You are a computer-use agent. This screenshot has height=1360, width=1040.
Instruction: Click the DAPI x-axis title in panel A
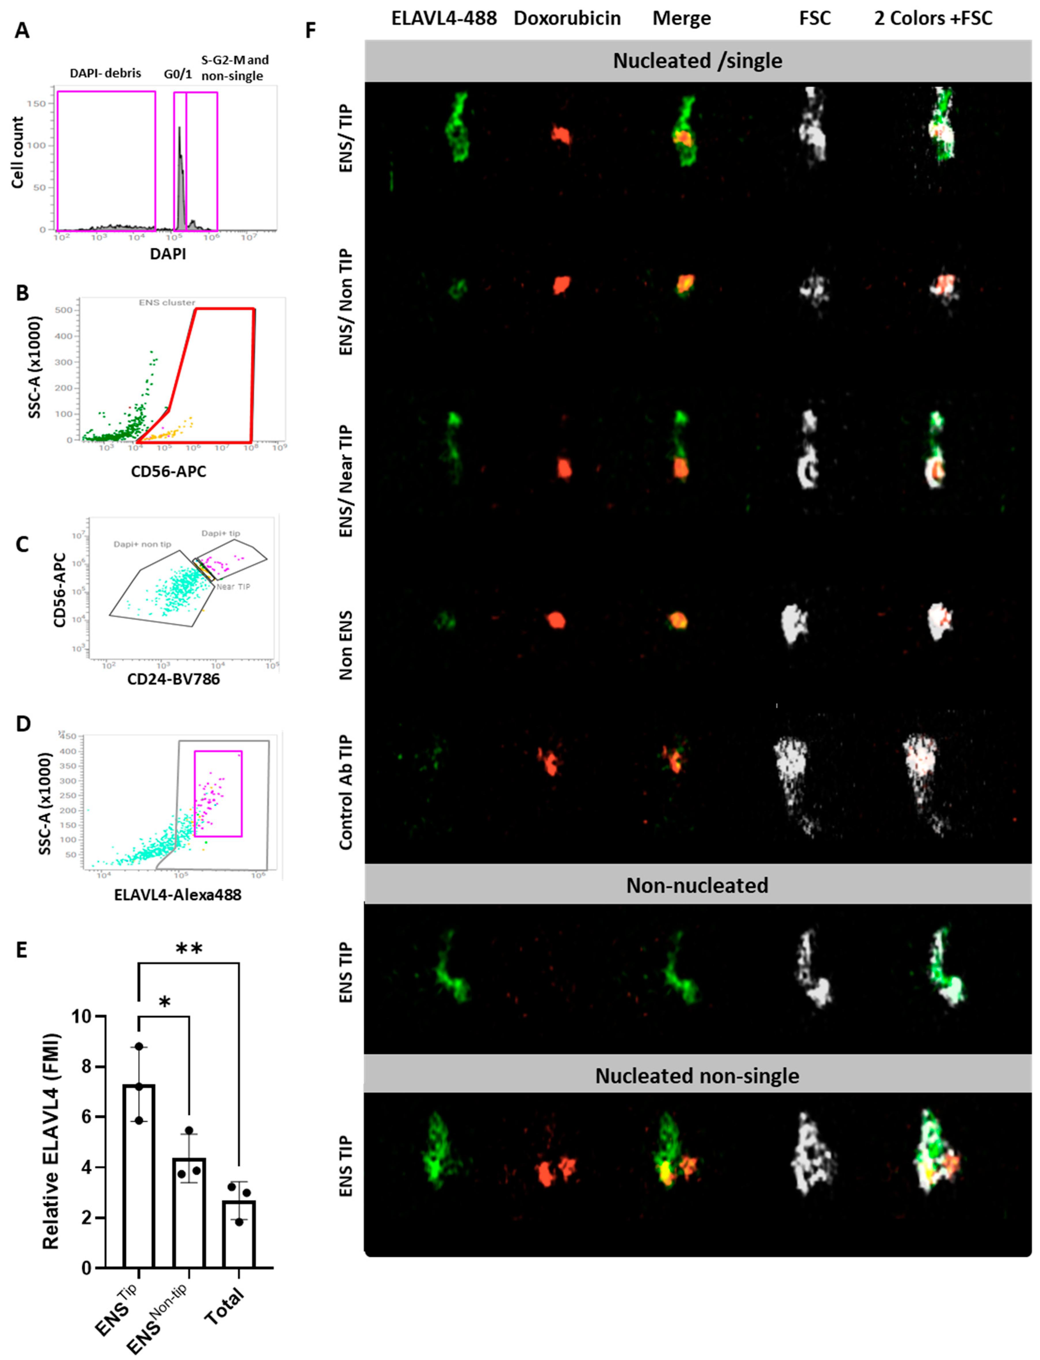click(168, 254)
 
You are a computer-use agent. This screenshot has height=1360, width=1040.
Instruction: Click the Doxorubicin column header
click(567, 19)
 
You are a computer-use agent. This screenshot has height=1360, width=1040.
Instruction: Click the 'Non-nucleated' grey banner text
click(697, 885)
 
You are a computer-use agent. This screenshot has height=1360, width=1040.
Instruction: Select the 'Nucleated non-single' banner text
click(697, 1076)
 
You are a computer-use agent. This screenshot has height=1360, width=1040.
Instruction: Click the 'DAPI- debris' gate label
click(105, 73)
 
